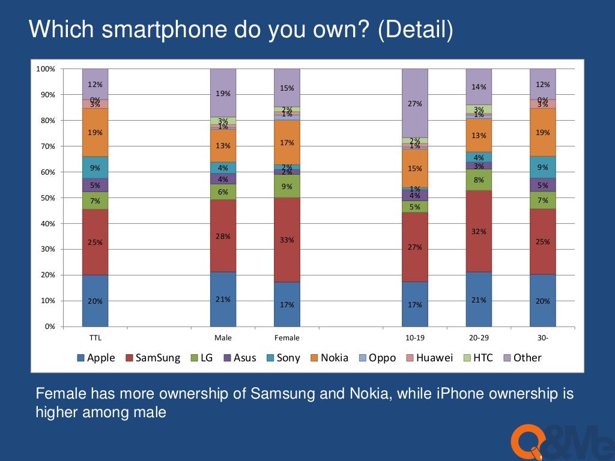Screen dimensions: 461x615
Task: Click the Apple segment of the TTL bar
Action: point(95,301)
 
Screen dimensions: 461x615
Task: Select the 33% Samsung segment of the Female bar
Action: point(287,240)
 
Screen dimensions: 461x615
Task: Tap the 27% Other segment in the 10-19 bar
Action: point(415,103)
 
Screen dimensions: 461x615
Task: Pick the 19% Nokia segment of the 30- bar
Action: point(543,132)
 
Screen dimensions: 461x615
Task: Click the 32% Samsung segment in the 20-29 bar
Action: point(479,231)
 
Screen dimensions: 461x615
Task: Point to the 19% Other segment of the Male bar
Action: point(223,93)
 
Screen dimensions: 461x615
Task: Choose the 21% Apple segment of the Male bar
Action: point(223,299)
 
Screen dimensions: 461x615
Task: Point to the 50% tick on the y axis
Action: point(46,198)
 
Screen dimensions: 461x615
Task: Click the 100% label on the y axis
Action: point(46,69)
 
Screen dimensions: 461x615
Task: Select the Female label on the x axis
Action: point(287,338)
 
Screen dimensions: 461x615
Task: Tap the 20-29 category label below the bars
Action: point(479,338)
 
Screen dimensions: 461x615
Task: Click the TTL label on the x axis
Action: point(95,338)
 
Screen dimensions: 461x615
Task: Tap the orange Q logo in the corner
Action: point(526,441)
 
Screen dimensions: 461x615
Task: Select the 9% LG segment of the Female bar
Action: point(287,186)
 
